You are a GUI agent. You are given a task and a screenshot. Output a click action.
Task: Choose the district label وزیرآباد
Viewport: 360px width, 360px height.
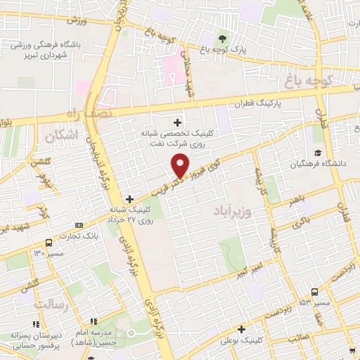(232, 210)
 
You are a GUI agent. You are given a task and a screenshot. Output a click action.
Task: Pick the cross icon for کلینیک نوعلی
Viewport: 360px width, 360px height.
(241, 329)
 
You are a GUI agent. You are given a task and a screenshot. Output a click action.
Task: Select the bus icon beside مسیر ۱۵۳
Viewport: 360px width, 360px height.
(314, 292)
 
